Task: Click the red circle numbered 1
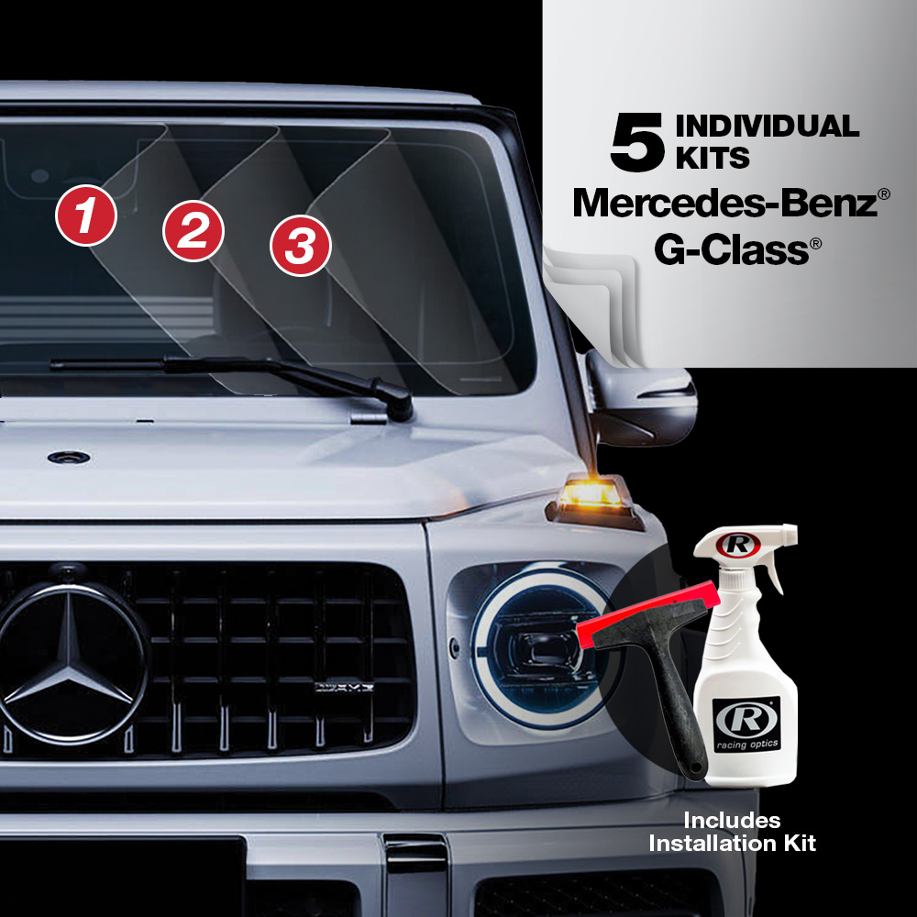point(86,215)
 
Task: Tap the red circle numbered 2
point(193,230)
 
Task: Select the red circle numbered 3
point(301,246)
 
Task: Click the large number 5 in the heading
point(637,143)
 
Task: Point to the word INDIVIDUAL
point(768,127)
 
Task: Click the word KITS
point(713,158)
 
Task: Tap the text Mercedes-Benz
point(725,203)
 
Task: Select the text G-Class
point(731,249)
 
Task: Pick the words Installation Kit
point(732,844)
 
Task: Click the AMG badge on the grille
point(344,687)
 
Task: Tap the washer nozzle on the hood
point(69,458)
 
